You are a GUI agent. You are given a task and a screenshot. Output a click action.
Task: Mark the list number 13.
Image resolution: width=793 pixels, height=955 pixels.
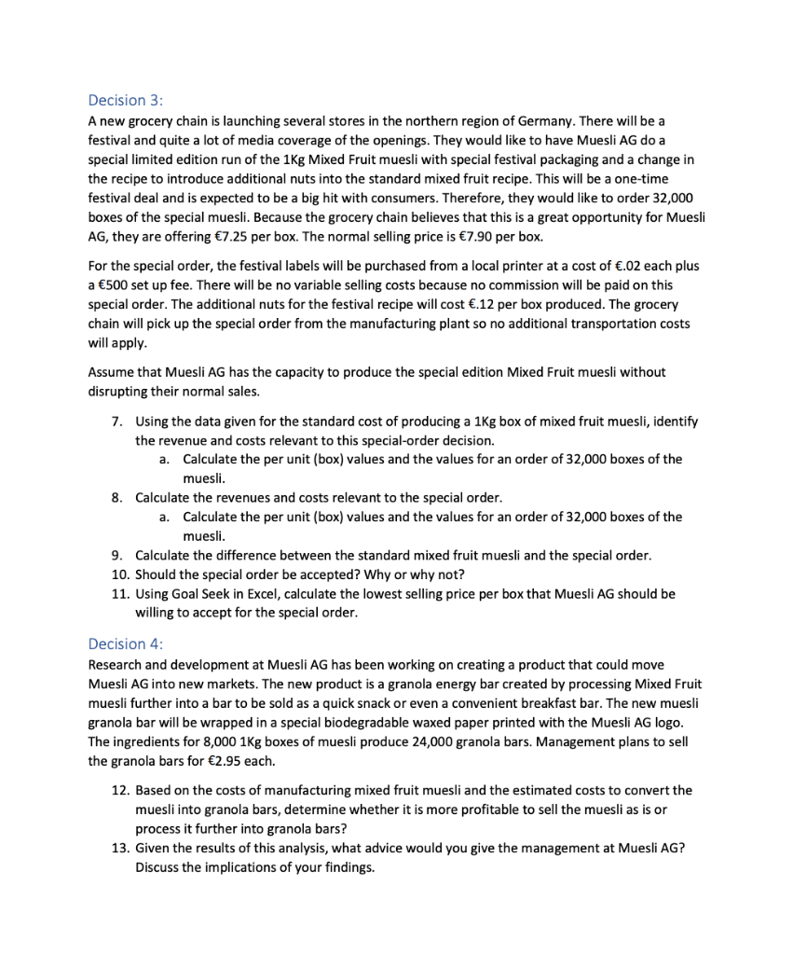pyautogui.click(x=118, y=850)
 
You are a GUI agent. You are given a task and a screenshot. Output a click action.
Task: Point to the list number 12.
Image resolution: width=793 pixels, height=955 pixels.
pyautogui.click(x=118, y=790)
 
